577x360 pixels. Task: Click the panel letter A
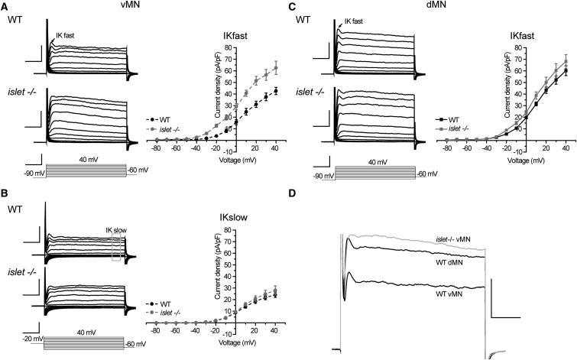(x=5, y=6)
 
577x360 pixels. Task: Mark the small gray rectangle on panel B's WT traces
(x=116, y=247)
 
